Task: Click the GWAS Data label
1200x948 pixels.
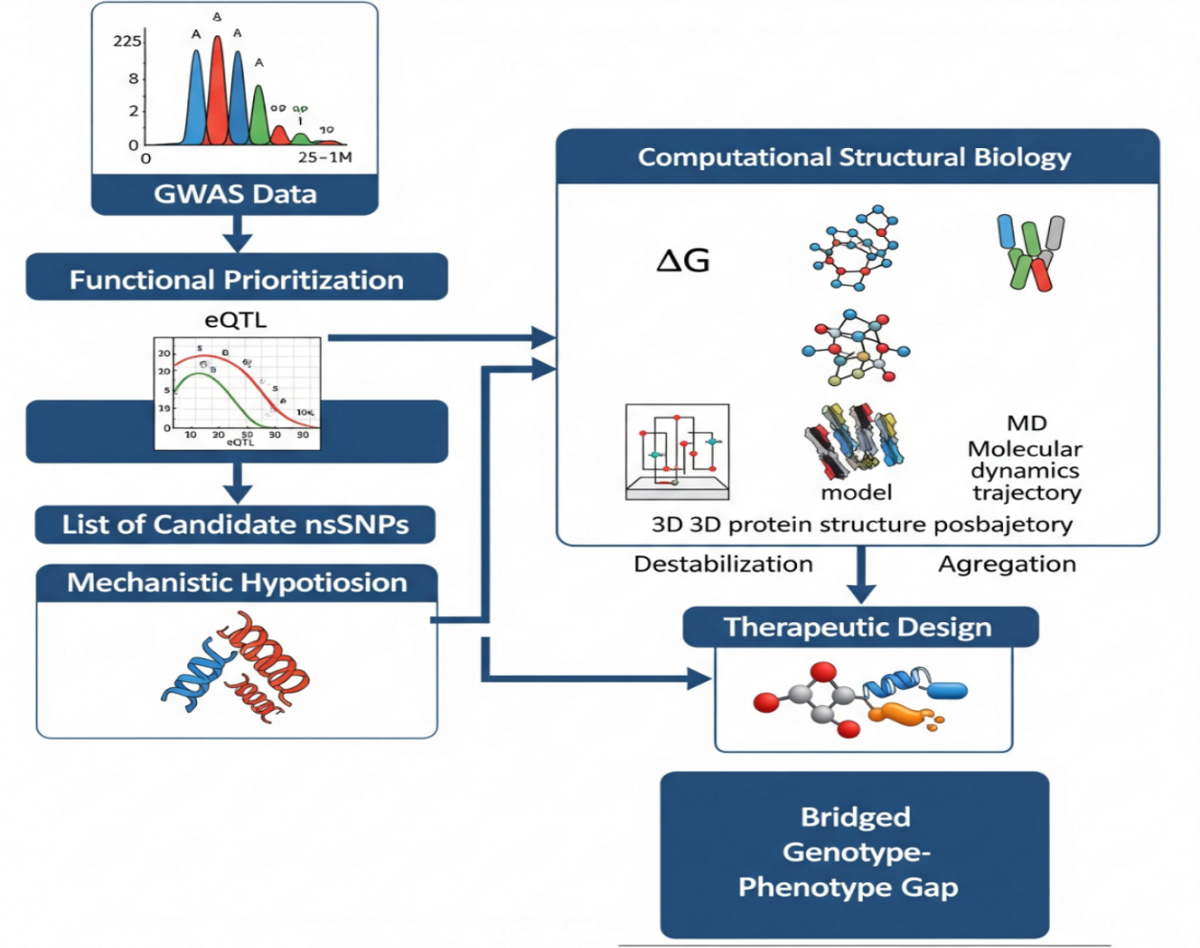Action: point(235,194)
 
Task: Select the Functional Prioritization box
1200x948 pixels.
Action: point(236,279)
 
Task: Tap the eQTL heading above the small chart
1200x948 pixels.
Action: point(236,320)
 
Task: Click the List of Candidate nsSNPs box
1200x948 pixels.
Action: point(235,525)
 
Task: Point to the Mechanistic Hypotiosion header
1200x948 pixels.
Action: point(237,583)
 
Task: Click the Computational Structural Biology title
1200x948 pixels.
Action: point(854,158)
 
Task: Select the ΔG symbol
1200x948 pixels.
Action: point(683,260)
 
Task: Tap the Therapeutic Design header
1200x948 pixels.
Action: point(858,627)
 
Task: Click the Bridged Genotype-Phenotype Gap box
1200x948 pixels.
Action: point(854,852)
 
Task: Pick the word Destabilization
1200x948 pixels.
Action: point(723,564)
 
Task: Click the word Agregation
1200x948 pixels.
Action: point(1007,564)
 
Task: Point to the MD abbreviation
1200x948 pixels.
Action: point(1027,422)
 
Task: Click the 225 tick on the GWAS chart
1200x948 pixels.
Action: point(127,41)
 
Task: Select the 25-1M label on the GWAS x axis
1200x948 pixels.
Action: point(325,157)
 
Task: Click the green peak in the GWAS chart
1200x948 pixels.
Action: point(258,115)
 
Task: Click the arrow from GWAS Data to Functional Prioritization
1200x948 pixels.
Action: point(236,233)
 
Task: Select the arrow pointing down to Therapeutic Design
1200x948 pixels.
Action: point(862,575)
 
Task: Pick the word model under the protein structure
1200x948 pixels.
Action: point(856,492)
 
